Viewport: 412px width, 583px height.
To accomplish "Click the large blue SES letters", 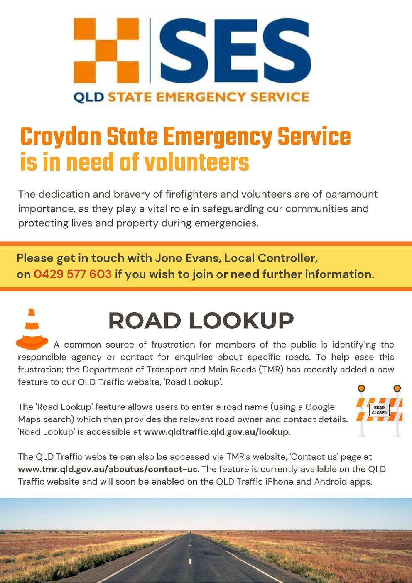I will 235,51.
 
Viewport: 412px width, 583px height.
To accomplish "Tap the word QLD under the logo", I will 88,97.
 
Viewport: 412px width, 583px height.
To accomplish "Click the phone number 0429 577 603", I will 72,274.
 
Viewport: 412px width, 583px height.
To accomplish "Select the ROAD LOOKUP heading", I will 201,321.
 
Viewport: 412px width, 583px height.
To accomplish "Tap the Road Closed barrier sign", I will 379,410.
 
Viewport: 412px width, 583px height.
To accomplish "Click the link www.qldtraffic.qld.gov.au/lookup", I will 216,432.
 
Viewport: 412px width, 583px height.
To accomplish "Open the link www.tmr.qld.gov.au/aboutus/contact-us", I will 108,469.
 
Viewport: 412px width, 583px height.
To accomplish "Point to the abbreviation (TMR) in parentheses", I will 272,370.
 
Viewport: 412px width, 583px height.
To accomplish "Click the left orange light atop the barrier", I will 361,388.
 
